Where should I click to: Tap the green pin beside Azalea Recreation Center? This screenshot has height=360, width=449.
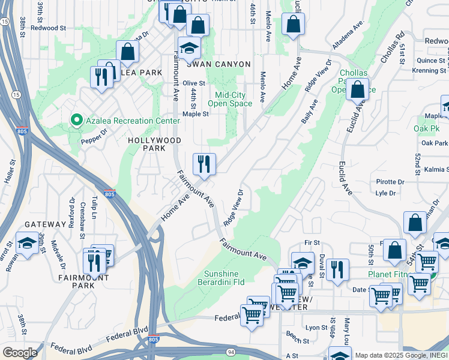coord(76,121)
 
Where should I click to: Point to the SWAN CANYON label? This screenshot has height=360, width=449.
coord(221,64)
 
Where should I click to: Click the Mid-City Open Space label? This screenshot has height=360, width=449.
coord(234,99)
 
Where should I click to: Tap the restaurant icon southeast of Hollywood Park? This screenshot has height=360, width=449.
coord(204,163)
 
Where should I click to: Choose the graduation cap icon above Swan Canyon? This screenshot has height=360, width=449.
coord(189,48)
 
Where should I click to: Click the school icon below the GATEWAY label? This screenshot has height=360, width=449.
coord(27,243)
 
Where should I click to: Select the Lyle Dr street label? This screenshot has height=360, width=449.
coord(385,193)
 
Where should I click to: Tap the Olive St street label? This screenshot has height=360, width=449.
coord(194,83)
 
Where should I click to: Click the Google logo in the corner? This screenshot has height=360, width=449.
coord(19,352)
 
